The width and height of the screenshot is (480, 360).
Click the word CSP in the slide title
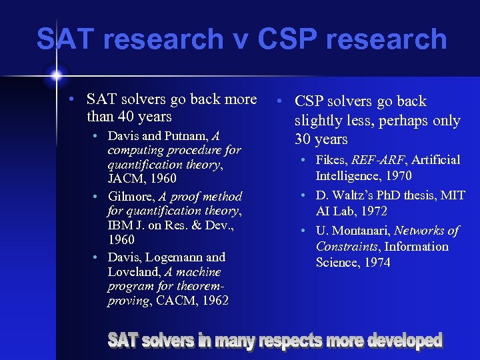tap(287, 39)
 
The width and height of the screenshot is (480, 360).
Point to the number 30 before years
tap(306, 139)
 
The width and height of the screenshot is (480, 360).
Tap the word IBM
tap(121, 225)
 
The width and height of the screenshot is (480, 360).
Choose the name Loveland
tap(133, 272)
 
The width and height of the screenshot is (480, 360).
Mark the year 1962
tap(214, 301)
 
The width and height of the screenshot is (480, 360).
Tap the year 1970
tap(398, 176)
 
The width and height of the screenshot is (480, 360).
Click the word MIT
tap(452, 195)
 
